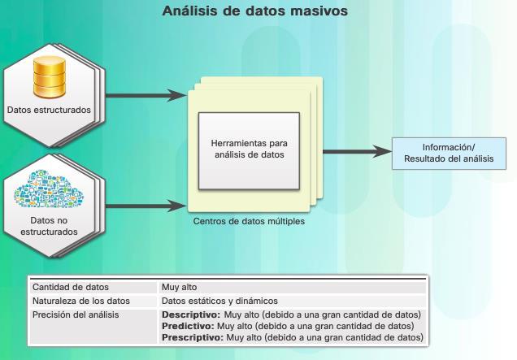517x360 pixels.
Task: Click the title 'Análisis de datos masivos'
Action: pos(255,11)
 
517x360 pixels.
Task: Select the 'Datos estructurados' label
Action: pos(48,108)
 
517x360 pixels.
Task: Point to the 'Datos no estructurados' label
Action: pos(49,225)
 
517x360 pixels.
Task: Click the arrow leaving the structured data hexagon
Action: pos(146,96)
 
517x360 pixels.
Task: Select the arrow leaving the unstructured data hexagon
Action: pos(146,204)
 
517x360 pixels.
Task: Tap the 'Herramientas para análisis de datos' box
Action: pos(249,150)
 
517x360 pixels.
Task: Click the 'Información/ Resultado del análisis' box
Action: pos(448,153)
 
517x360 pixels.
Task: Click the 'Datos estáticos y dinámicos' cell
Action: pos(219,301)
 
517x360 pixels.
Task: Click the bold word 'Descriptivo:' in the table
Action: pos(190,314)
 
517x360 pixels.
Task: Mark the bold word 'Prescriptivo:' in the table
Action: pos(193,337)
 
